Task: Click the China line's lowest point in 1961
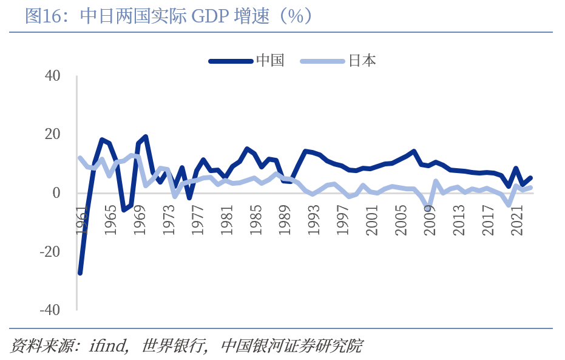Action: pos(80,273)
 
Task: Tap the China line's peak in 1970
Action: pos(146,137)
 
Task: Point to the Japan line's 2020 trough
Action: pos(509,205)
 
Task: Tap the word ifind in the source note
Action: pos(109,346)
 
